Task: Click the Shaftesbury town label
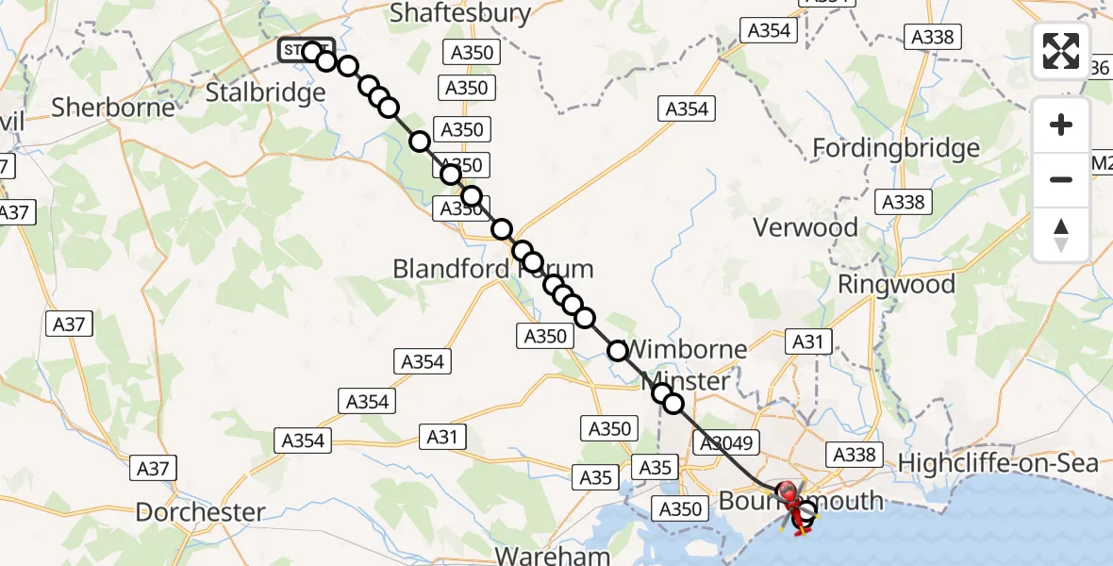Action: click(460, 13)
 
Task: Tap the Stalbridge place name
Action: click(265, 92)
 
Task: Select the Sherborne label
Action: click(113, 107)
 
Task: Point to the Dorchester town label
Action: click(200, 512)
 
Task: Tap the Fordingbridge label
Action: click(896, 148)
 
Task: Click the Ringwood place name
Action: click(896, 284)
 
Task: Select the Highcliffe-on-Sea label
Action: click(999, 463)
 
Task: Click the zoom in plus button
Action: click(1061, 125)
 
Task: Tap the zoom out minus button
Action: click(1061, 179)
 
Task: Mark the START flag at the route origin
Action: click(304, 49)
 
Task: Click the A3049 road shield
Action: click(723, 442)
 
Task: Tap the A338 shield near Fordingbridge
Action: click(904, 201)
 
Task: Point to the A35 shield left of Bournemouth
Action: click(655, 467)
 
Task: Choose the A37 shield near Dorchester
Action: click(154, 467)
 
